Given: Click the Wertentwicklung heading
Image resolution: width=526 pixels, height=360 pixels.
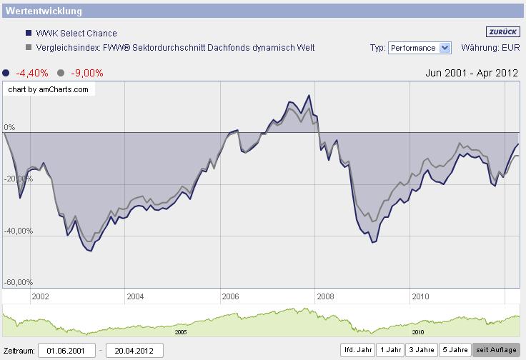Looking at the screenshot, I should (x=44, y=11).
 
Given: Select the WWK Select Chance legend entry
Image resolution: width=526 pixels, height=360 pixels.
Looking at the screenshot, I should (x=76, y=33).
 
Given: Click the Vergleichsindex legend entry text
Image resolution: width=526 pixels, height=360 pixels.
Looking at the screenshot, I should (x=175, y=48).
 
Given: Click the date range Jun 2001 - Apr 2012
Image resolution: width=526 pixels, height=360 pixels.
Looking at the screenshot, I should (x=471, y=73).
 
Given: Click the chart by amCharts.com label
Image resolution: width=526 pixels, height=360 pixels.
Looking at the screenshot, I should (x=49, y=89).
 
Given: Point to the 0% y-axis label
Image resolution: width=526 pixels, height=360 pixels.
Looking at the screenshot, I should (x=9, y=127).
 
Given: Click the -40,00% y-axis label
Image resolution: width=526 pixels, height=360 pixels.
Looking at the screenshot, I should (x=19, y=231).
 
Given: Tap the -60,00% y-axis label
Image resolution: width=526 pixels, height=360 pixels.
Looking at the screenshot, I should (x=19, y=282).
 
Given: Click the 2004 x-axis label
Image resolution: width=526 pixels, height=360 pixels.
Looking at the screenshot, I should (x=135, y=296).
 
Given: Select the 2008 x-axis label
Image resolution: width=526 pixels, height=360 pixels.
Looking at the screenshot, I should (x=325, y=296).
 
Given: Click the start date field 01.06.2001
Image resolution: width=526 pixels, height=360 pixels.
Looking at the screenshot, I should (x=66, y=351).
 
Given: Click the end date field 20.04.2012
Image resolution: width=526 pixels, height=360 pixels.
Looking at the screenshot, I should (x=134, y=351).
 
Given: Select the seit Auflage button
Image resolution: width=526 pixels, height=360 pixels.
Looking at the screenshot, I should (x=495, y=350).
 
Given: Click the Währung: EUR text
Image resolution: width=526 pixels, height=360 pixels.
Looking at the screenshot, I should (x=490, y=48).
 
